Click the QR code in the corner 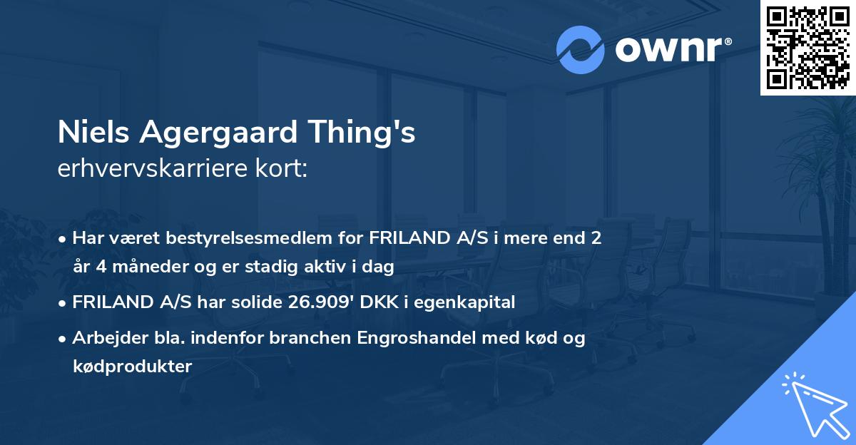(x=807, y=47)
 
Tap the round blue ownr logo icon (x=581, y=49)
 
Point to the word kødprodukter (x=132, y=367)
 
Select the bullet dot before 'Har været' (x=63, y=238)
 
